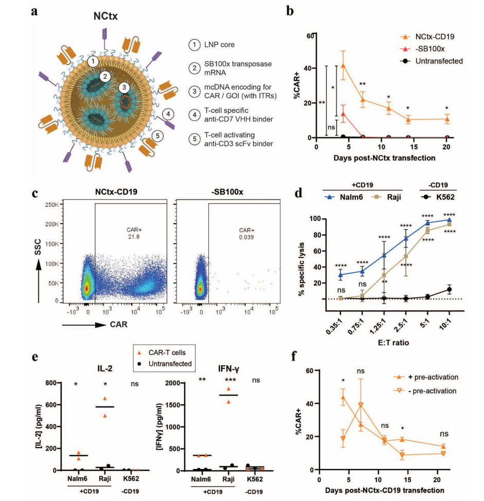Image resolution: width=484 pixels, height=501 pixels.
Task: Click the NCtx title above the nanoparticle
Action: pos(105,16)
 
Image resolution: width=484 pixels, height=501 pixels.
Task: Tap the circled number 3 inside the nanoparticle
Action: pos(124,88)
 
